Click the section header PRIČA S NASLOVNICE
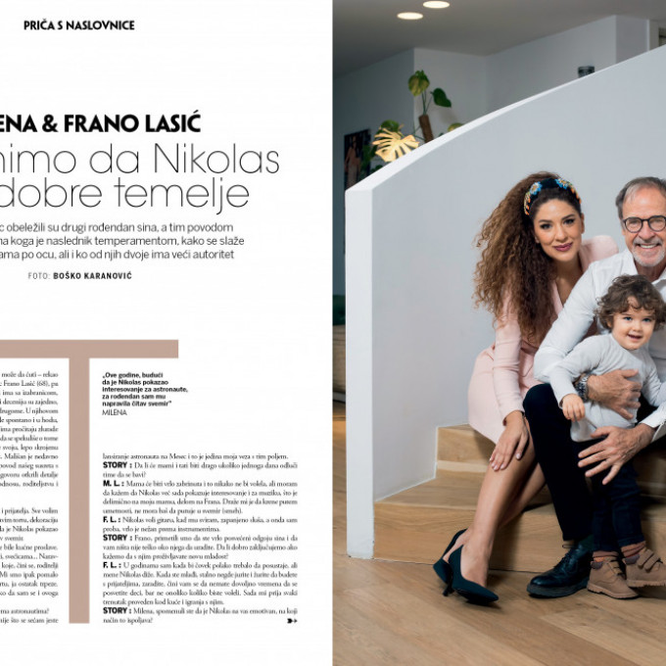pos(78,24)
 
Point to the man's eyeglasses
pos(644,222)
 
